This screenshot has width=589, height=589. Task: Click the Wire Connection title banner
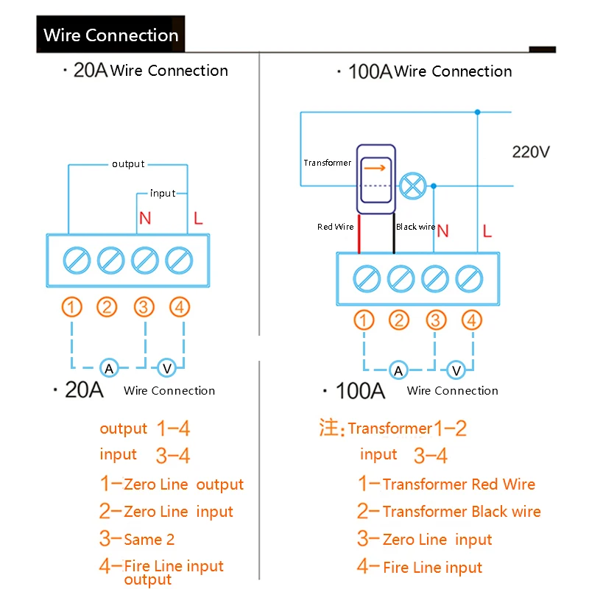coord(110,35)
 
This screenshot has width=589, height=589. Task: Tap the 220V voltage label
coord(531,152)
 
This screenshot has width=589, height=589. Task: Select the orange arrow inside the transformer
coord(375,168)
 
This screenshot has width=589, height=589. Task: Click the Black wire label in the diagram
coord(415,227)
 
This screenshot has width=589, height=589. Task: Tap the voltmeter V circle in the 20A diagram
coord(167,367)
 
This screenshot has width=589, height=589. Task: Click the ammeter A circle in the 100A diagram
coord(398,370)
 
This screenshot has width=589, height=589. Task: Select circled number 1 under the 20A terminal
coord(72,307)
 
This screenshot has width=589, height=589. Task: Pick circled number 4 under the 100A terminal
coord(472,320)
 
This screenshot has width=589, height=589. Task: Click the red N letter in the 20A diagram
coord(145,219)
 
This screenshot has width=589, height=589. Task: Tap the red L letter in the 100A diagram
coord(487,231)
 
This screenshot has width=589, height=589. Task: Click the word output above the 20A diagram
coord(128,164)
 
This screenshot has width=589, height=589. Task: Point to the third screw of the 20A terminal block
coord(144,260)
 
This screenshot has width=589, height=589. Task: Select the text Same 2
coord(149,540)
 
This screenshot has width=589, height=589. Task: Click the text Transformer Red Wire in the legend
coord(459,484)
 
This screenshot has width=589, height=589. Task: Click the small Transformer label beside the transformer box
coord(327,163)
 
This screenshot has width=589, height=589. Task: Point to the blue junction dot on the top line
coord(478,112)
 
